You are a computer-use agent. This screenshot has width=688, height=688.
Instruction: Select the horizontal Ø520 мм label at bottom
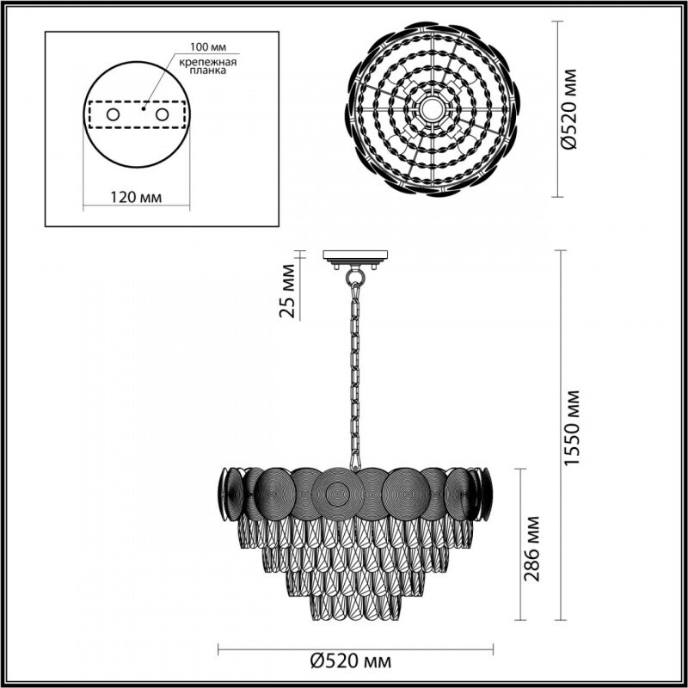pos(350,661)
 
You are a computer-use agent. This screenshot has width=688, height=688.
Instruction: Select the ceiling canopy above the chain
pos(354,256)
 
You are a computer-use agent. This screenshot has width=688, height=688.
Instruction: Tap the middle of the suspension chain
pos(353,370)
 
